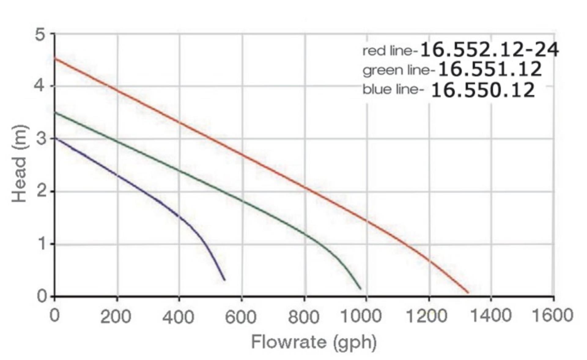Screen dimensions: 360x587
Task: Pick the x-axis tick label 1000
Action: pos(361,315)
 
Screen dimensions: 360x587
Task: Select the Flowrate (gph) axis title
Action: pos(314,342)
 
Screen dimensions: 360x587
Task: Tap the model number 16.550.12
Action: pos(483,90)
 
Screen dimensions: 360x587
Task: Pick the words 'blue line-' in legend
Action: pos(393,90)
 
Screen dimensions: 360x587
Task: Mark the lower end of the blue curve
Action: pos(225,280)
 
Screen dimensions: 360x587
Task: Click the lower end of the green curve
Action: pos(360,288)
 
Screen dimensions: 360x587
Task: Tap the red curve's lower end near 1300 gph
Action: pos(468,293)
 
